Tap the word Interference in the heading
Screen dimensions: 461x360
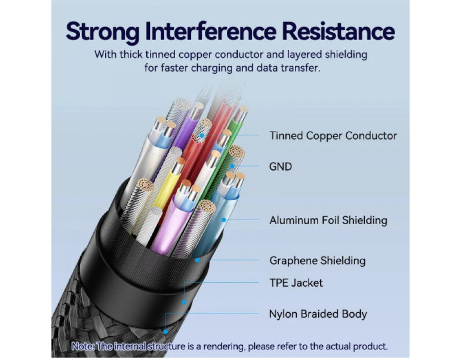[x=211, y=31]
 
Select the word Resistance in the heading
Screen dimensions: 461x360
[x=338, y=31]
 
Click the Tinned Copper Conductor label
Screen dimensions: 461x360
[x=333, y=136]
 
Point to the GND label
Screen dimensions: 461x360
[x=280, y=166]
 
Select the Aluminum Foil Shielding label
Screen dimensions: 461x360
[x=328, y=220]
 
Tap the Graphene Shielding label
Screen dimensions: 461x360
[x=317, y=261]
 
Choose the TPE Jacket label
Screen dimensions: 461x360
[x=296, y=283]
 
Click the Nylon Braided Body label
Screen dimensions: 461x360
[x=318, y=314]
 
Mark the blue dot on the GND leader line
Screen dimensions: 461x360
[x=232, y=166]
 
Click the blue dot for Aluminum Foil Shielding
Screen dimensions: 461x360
[x=224, y=220]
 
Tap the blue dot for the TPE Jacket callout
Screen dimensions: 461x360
[x=184, y=302]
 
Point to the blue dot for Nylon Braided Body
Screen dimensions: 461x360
[x=166, y=332]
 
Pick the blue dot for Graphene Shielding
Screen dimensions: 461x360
[x=198, y=260]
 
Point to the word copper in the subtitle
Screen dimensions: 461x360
[x=196, y=54]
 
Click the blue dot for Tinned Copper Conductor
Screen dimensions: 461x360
[x=202, y=135]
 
